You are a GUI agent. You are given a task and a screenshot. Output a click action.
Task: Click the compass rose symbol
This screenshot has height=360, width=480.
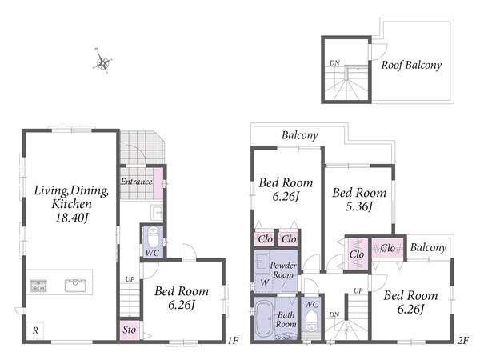(102, 62)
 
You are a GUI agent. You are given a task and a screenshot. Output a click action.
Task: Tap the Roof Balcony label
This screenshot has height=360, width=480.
(411, 65)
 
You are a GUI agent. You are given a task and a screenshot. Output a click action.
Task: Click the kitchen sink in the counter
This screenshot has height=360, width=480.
(75, 285)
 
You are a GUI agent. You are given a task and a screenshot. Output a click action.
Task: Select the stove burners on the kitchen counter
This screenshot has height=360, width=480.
(38, 286)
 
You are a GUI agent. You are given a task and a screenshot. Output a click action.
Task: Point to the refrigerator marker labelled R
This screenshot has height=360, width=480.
(35, 330)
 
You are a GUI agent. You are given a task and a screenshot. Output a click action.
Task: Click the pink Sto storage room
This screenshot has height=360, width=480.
(130, 330)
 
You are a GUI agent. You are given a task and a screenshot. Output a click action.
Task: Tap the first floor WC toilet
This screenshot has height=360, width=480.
(153, 237)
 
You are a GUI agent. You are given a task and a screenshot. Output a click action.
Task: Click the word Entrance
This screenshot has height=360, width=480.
(137, 182)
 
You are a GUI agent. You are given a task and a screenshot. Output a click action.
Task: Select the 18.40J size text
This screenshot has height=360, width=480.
(72, 218)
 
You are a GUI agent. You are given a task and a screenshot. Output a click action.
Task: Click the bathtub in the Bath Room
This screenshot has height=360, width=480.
(264, 318)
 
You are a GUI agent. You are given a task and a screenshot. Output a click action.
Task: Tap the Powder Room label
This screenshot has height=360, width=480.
(283, 270)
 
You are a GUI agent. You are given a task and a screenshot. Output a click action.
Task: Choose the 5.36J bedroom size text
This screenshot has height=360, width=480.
(359, 206)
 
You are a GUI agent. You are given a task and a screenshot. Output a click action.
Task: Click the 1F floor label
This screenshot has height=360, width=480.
(233, 340)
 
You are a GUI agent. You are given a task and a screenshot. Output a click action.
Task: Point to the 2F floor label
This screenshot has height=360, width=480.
(462, 340)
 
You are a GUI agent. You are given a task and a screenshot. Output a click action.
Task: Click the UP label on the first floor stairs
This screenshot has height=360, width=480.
(130, 279)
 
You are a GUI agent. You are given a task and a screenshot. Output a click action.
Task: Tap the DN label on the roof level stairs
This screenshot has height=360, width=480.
(334, 62)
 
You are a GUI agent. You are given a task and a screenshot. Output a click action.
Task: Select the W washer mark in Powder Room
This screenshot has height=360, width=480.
(265, 282)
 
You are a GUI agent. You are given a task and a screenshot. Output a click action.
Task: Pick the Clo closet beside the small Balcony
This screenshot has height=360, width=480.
(387, 248)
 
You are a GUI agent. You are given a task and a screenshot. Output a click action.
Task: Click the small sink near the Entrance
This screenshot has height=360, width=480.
(158, 212)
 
